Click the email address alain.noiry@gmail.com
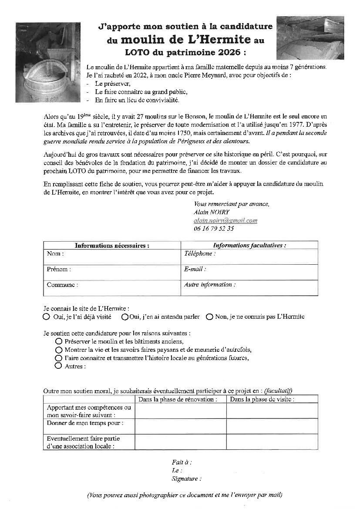pos(225,220)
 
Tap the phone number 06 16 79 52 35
pos(214,228)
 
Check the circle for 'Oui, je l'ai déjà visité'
pos(47,317)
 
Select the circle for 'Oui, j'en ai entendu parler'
pos(125,317)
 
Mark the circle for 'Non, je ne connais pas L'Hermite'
pos(209,317)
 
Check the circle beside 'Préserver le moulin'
pos(59,342)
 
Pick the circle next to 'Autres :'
pos(59,366)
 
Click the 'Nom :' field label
pos(55,253)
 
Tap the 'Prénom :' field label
pos(59,269)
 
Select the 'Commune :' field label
pos(62,285)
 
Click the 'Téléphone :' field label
pos(200,253)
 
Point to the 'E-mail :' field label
pos(195,269)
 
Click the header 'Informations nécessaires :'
pos(112,246)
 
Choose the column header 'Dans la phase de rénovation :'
pos(178,399)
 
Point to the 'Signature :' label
pos(187,479)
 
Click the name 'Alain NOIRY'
pos(212,212)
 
